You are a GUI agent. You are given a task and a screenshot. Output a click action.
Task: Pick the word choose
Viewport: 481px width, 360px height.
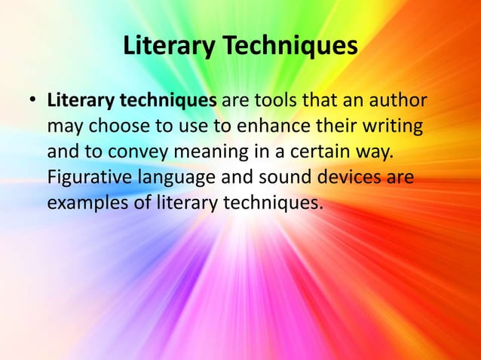[x=118, y=127]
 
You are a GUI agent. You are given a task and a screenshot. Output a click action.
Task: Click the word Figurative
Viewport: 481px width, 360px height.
[x=90, y=178]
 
